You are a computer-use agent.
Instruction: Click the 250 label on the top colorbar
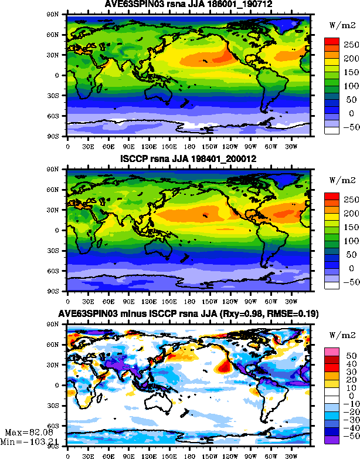tap(350, 45)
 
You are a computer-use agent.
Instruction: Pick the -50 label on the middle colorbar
tap(350, 282)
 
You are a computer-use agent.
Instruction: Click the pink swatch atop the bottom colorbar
tap(332, 350)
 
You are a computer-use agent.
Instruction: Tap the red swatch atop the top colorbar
tap(332, 41)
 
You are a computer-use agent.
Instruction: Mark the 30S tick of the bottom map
tap(57, 406)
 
